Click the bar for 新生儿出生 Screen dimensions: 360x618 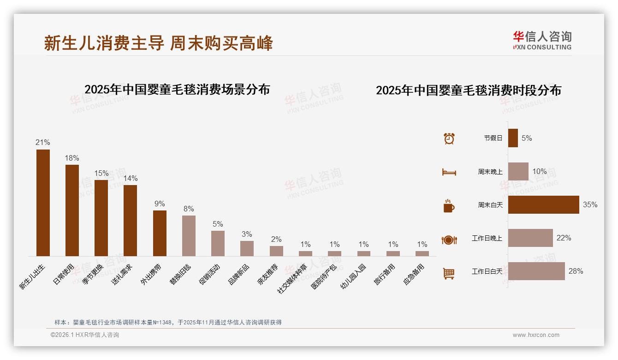point(43,203)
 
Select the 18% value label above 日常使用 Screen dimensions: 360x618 point(72,158)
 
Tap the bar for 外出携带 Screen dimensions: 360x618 point(160,233)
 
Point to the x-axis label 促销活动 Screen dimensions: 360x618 point(210,275)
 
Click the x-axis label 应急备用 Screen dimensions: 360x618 point(414,275)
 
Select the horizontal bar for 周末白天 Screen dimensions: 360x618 point(543,205)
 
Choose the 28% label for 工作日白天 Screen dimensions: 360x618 point(576,271)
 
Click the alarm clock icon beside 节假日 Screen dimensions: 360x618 point(449,138)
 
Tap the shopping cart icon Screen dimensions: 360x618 point(449,273)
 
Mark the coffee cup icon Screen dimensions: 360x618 point(449,206)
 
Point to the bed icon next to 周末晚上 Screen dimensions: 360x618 point(449,172)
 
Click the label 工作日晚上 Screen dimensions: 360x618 point(487,238)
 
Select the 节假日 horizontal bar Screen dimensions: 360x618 point(513,138)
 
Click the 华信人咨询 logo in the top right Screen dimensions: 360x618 point(542,40)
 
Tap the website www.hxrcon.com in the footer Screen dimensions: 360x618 point(536,335)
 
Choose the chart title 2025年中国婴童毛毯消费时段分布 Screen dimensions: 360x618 point(468,90)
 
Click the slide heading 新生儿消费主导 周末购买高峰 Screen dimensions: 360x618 point(158,43)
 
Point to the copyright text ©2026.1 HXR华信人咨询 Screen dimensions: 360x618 point(85,335)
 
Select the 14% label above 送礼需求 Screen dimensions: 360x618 point(131,179)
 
